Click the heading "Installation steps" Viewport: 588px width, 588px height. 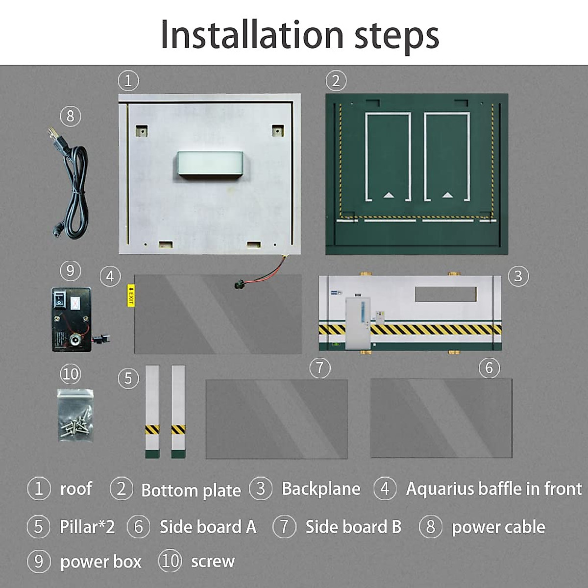click(299, 35)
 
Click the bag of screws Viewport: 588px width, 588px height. click(74, 416)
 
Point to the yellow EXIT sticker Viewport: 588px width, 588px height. click(130, 295)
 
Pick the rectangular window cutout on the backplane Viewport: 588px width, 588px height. click(445, 294)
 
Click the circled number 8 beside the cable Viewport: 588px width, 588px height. click(70, 116)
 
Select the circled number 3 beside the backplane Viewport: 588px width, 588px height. click(518, 276)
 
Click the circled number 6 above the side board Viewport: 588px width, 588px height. click(489, 368)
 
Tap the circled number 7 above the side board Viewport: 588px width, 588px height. click(320, 367)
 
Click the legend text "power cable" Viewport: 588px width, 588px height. click(498, 527)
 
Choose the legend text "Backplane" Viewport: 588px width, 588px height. click(321, 489)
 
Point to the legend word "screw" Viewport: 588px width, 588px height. click(213, 562)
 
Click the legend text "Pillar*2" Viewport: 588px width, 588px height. click(87, 527)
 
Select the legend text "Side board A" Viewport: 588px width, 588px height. click(208, 527)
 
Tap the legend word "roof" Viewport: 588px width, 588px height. click(76, 489)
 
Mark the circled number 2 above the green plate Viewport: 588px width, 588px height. click(336, 80)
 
